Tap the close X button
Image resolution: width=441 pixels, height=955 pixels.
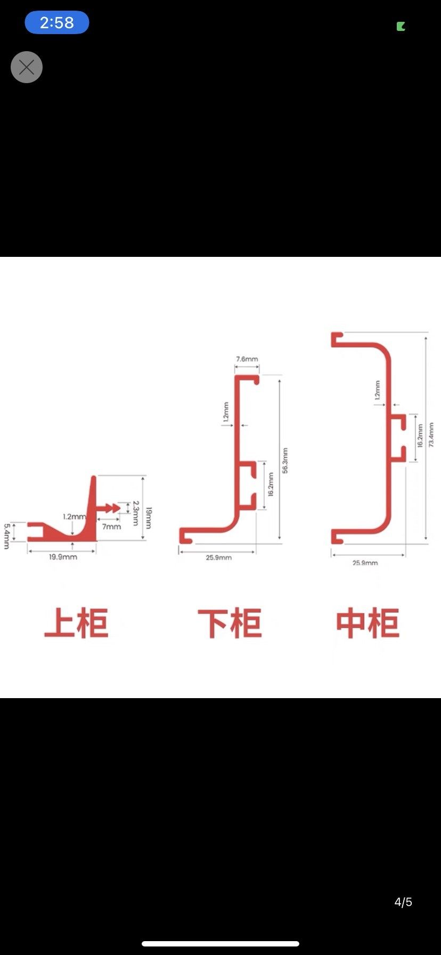pos(27,67)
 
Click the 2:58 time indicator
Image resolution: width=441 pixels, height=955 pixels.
pos(57,22)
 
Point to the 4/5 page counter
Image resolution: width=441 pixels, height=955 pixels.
pos(403,902)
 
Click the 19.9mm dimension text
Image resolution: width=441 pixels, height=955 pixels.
pos(63,557)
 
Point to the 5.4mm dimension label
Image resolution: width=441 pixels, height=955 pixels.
pos(7,536)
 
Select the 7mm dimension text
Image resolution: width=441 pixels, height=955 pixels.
pos(111,527)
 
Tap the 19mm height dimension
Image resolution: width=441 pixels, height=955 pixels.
pos(149,517)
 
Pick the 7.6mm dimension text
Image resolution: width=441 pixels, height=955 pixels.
pos(247,359)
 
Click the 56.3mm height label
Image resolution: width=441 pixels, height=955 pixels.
pos(285,460)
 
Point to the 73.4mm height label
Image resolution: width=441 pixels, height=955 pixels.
pos(431,435)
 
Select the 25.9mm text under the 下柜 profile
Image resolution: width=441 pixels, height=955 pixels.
pos(218,557)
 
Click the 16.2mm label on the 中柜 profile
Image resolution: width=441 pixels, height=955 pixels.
pos(420,436)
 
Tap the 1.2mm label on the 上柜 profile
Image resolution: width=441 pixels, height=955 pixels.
pos(74,516)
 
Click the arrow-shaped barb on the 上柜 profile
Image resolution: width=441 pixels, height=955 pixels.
pos(112,508)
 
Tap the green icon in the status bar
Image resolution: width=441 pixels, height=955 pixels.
pos(401,26)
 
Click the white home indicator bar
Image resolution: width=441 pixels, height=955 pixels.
pos(220,943)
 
